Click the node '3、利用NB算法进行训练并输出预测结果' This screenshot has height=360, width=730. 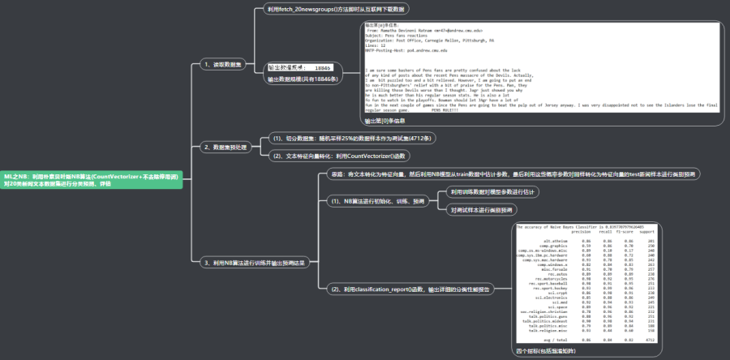coord(252,263)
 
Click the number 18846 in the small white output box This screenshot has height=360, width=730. coord(323,67)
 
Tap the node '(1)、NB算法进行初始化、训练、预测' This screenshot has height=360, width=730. coord(378,201)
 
